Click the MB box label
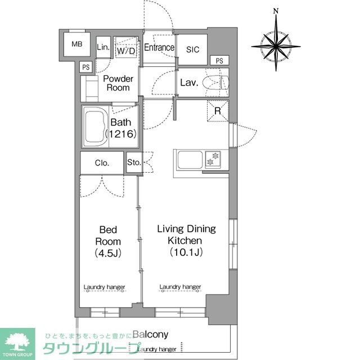(75, 43)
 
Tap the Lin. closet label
(103, 47)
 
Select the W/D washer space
(126, 51)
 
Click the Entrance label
(159, 48)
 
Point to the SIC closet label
(193, 49)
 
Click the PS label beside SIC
(219, 61)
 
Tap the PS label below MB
(86, 67)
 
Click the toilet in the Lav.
(216, 83)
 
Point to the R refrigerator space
(218, 111)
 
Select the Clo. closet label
(102, 163)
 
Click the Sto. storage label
(133, 164)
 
